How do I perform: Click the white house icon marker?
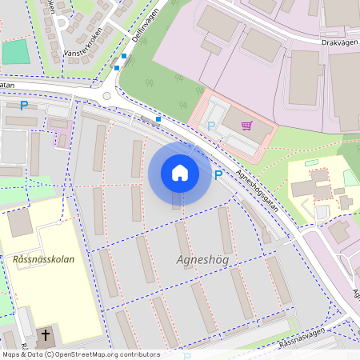[x=180, y=173]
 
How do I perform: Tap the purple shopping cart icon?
[x=246, y=125]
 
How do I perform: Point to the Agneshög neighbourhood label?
[x=202, y=261]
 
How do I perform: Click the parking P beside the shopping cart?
[x=211, y=126]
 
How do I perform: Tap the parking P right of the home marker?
[x=217, y=174]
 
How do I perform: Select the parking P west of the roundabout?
[x=24, y=105]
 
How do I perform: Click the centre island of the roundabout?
[x=106, y=94]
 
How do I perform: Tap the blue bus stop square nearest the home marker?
[x=158, y=119]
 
